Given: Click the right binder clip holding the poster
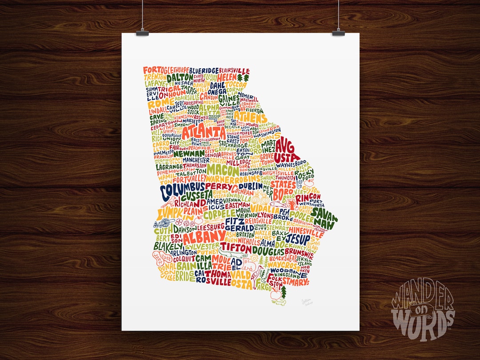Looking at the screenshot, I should click(339, 32).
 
